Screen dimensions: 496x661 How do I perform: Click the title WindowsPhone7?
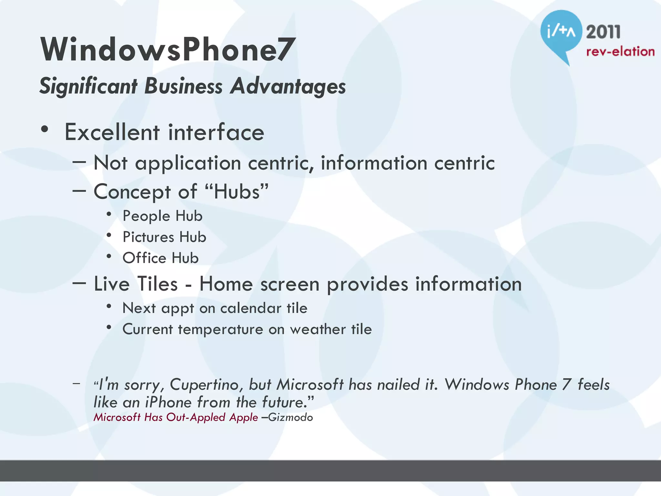(x=167, y=49)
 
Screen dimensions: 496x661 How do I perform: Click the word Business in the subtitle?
(x=183, y=86)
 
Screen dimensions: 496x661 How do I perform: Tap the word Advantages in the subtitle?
(x=288, y=87)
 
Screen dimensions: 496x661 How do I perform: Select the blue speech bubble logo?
(x=561, y=32)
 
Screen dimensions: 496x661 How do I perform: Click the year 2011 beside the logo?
(x=603, y=32)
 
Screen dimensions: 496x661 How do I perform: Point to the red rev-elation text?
(x=620, y=52)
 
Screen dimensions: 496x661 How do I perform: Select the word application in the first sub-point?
(x=188, y=163)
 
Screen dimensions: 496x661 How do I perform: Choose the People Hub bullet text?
(x=162, y=216)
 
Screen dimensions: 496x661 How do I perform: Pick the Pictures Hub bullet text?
(x=164, y=237)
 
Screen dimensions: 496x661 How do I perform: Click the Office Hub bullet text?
(x=160, y=258)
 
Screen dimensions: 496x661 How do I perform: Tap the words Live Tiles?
(x=136, y=284)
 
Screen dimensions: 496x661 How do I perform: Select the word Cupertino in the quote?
(x=206, y=385)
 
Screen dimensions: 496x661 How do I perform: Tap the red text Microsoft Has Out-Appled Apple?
(x=176, y=417)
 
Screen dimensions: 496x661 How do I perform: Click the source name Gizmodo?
(x=290, y=417)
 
